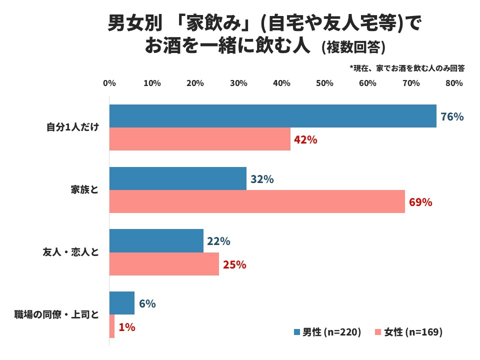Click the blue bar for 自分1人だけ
pyautogui.click(x=272, y=116)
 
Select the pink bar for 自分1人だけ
pyautogui.click(x=199, y=139)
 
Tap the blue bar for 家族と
pyautogui.click(x=177, y=178)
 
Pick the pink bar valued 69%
pyautogui.click(x=257, y=201)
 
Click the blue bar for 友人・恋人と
pyautogui.click(x=156, y=240)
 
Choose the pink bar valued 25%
pyautogui.click(x=164, y=264)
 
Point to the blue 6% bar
pyautogui.click(x=122, y=303)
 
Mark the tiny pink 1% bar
pyautogui.click(x=112, y=326)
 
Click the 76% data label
pyautogui.click(x=452, y=117)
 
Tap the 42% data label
pyautogui.click(x=305, y=140)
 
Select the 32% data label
pyautogui.click(x=262, y=179)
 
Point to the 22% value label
pyautogui.click(x=218, y=241)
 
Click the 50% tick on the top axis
pyautogui.click(x=325, y=83)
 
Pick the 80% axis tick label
pyautogui.click(x=454, y=83)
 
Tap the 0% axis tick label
pyautogui.click(x=109, y=83)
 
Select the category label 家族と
pyautogui.click(x=84, y=190)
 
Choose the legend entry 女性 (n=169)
pyautogui.click(x=408, y=332)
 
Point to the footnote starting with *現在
pyautogui.click(x=407, y=68)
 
